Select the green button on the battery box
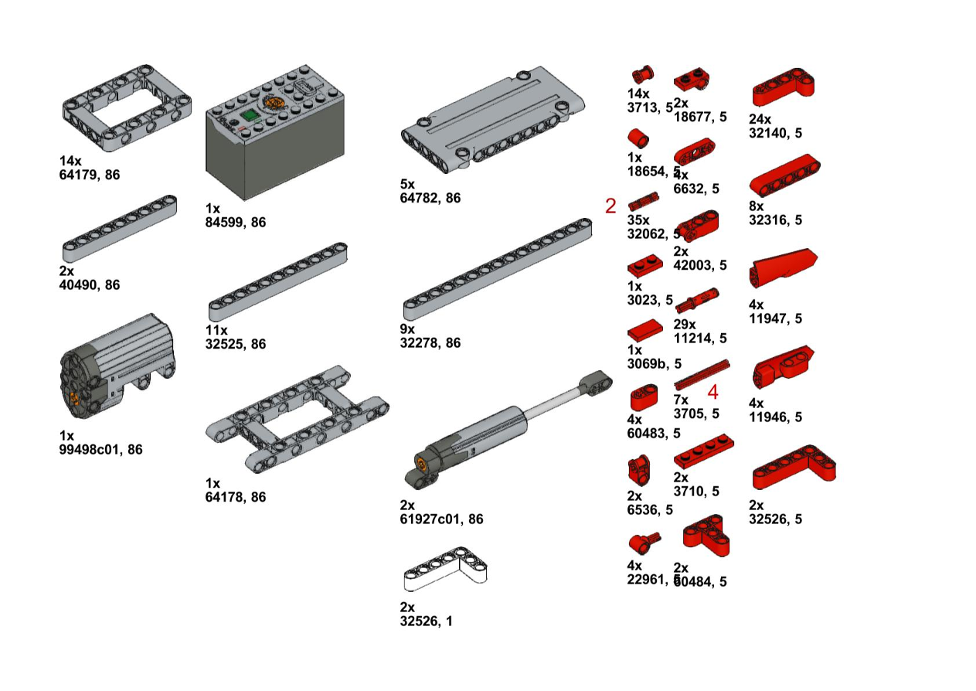coord(249,117)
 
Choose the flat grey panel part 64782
coord(492,118)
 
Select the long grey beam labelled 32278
coord(498,270)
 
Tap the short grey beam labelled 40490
coord(119,230)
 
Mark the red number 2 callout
coord(610,206)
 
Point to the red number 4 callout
coord(712,392)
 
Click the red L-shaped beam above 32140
coord(784,87)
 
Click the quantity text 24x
coord(760,119)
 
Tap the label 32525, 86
coord(236,344)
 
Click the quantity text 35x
coord(639,220)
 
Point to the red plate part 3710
coord(703,451)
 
